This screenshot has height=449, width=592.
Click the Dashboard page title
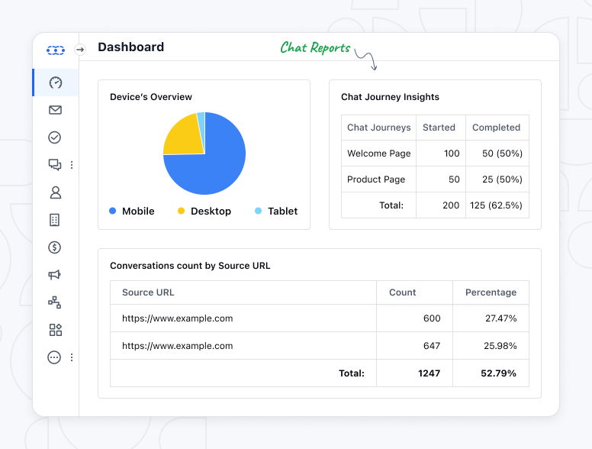130,47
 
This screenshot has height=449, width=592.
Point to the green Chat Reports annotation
315,47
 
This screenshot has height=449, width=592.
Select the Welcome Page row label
378,153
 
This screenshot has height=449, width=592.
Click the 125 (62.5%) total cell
497,205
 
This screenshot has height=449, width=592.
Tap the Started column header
439,128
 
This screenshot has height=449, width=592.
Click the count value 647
431,346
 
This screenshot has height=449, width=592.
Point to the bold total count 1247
428,373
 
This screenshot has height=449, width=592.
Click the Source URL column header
148,292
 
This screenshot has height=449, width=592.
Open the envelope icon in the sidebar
55,110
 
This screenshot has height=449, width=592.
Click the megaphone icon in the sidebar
55,275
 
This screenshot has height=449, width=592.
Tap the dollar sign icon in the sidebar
55,247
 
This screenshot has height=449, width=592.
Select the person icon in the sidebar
55,192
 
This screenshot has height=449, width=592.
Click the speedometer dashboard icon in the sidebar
55,82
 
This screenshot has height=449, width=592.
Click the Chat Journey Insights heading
390,97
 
